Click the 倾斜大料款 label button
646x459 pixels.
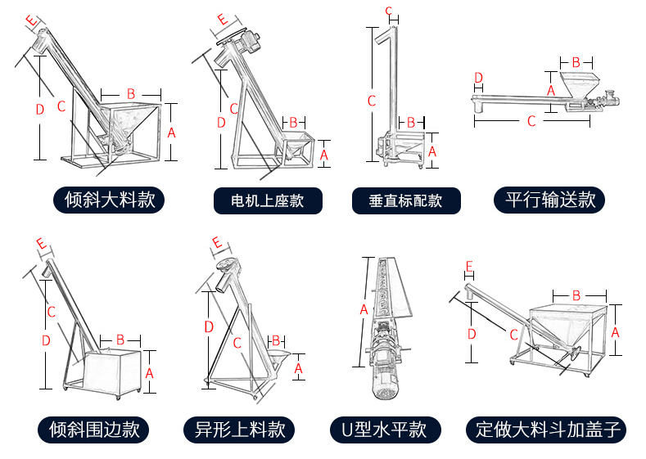pyautogui.click(x=109, y=200)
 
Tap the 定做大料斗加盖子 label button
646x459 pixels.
pyautogui.click(x=549, y=430)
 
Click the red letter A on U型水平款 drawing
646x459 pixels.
pyautogui.click(x=364, y=310)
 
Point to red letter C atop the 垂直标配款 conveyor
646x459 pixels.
pyautogui.click(x=388, y=10)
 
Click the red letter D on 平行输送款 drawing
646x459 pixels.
pyautogui.click(x=478, y=78)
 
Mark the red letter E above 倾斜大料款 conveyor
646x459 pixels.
pyautogui.click(x=31, y=19)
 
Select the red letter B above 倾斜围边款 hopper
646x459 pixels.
pyautogui.click(x=120, y=339)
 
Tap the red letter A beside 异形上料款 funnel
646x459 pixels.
pyautogui.click(x=298, y=369)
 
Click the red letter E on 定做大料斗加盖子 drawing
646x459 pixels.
pyautogui.click(x=468, y=267)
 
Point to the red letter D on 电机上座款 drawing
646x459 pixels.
pyautogui.click(x=220, y=123)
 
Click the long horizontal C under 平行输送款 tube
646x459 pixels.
pyautogui.click(x=531, y=121)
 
